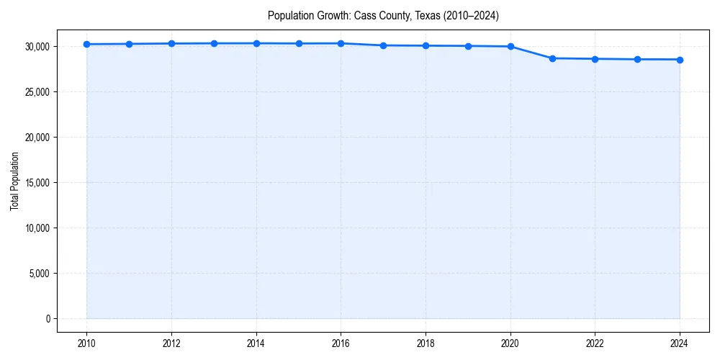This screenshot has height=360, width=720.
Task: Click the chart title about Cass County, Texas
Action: coord(383,15)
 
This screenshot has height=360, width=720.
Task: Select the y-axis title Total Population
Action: coord(14,182)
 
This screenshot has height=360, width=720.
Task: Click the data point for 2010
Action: coord(86,44)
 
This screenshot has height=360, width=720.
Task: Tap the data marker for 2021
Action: coord(553,58)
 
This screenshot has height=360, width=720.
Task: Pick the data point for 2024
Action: coord(680,60)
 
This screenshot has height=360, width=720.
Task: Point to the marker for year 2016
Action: coord(341,43)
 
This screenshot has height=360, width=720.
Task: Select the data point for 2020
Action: coord(510,46)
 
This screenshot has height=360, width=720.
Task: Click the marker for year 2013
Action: coord(214,43)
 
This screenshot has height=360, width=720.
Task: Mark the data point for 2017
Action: coord(383,45)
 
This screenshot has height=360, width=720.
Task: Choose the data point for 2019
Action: coord(468,46)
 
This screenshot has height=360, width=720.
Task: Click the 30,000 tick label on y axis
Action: coord(36,47)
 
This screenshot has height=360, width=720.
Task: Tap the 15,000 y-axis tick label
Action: coord(36,183)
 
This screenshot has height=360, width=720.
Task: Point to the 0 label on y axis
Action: coord(47,319)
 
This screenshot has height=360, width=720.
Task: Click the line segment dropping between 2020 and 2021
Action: coord(531,52)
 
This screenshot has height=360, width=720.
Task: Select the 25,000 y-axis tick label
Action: coord(36,92)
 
